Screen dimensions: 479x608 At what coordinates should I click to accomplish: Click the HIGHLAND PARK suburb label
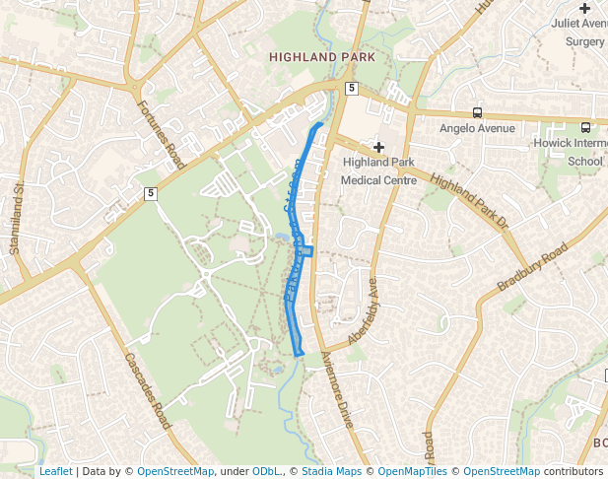tap(322, 59)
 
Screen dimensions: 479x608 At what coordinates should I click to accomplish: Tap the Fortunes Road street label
tap(162, 134)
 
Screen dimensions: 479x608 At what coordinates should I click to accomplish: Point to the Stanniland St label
tap(16, 218)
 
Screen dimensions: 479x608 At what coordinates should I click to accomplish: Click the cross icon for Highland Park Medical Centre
tap(377, 146)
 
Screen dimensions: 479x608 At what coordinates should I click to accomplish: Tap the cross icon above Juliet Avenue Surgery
tap(584, 8)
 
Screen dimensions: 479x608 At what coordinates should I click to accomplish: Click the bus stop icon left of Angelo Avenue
tap(477, 112)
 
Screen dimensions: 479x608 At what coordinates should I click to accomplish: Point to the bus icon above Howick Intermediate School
tap(585, 127)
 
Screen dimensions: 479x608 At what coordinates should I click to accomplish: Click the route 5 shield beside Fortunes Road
tap(151, 193)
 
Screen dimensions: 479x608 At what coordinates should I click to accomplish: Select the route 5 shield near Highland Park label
tap(351, 89)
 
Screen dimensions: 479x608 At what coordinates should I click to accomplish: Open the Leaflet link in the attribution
tap(55, 471)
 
